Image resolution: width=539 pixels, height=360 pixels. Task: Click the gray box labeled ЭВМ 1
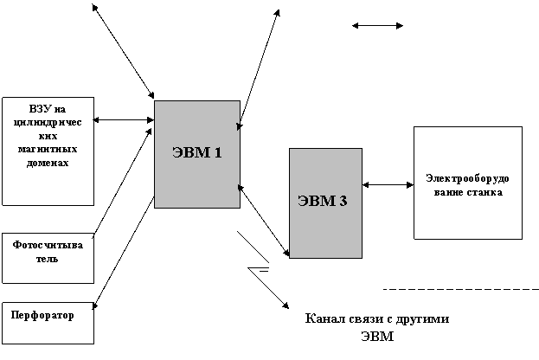coord(197,154)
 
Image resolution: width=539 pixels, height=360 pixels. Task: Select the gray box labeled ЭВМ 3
coord(325,203)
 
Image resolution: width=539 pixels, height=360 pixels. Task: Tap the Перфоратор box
coord(48,323)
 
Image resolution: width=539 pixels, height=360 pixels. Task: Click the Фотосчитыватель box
coord(48,258)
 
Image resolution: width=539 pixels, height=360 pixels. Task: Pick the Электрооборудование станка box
coord(468,183)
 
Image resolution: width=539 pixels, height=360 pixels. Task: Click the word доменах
coord(48,163)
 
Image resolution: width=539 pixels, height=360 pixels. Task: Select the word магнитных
coord(48,150)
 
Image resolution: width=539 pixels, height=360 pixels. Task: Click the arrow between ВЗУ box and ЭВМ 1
coord(124,120)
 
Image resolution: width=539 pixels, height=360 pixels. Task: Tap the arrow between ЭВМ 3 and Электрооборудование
coord(388,185)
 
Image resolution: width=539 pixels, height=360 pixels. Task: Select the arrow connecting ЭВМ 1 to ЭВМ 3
coord(263,221)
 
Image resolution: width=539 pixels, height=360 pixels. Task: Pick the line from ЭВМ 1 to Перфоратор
coord(124,253)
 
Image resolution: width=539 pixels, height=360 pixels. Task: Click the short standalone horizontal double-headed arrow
coord(377,25)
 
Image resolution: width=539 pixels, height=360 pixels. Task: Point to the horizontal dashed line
coord(461,290)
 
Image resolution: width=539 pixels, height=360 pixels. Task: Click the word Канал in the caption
coord(325,318)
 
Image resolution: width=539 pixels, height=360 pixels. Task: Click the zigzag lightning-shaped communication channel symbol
coord(263,269)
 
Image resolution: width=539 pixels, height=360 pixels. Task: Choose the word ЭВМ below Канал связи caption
coord(377,337)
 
